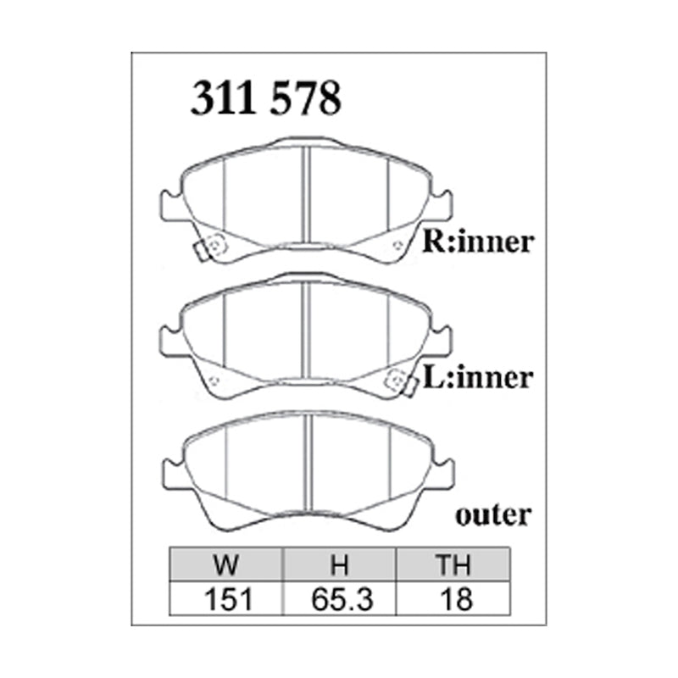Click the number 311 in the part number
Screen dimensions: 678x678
[x=224, y=99]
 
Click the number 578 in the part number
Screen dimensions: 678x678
[x=304, y=99]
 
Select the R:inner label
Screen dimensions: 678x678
[x=478, y=242]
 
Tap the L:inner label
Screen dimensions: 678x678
[x=478, y=377]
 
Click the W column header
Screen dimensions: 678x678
[x=226, y=565]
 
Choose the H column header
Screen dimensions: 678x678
[x=340, y=565]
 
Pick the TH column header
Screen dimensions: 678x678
[x=454, y=565]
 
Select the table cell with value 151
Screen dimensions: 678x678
[x=226, y=599]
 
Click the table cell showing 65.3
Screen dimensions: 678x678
[x=340, y=599]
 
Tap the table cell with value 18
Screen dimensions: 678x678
[x=454, y=599]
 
